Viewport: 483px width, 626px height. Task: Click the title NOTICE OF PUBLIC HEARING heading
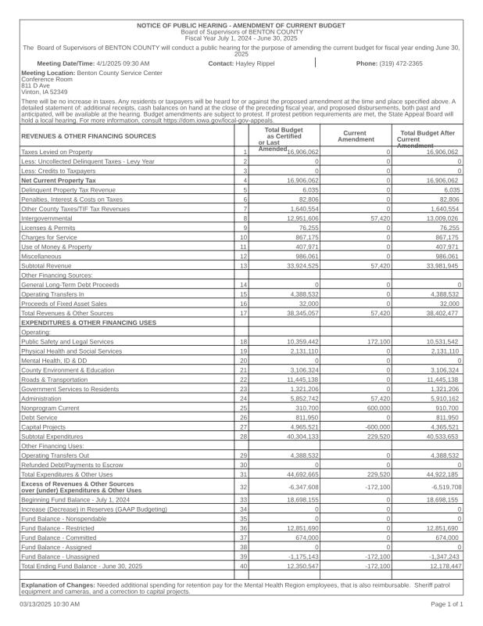241,26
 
